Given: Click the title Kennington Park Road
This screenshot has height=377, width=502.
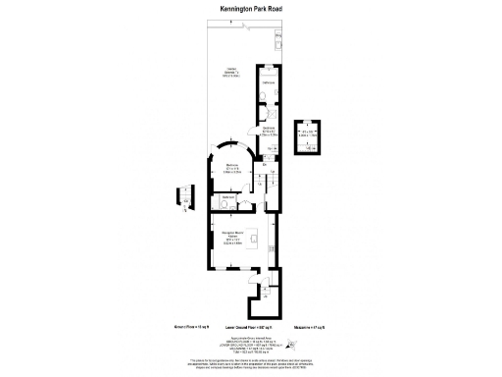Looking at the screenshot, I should click(x=250, y=10).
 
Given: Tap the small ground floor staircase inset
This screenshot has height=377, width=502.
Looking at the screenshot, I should click(x=185, y=195).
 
